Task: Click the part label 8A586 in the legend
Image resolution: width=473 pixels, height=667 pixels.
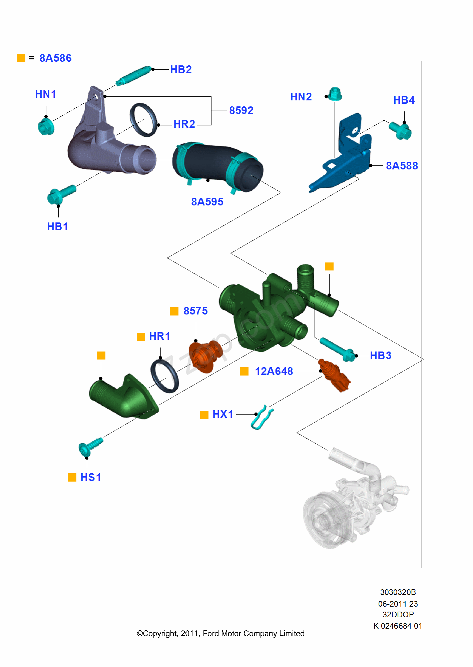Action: [55, 58]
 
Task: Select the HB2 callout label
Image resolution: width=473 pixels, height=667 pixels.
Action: [181, 69]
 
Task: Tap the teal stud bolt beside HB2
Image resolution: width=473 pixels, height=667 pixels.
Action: [133, 76]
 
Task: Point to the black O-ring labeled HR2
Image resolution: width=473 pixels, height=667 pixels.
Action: [144, 120]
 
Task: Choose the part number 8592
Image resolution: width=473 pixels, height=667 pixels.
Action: [241, 110]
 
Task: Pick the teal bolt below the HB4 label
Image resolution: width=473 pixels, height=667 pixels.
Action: [400, 130]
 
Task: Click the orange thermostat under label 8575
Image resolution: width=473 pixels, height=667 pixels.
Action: [205, 357]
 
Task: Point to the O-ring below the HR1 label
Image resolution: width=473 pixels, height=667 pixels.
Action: [164, 376]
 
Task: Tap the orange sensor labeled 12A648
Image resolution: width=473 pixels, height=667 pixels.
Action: [334, 375]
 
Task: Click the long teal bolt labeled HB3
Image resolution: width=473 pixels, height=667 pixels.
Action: [337, 349]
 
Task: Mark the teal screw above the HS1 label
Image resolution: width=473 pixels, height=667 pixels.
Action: [90, 446]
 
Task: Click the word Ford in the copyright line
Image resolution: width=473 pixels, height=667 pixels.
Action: [211, 633]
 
